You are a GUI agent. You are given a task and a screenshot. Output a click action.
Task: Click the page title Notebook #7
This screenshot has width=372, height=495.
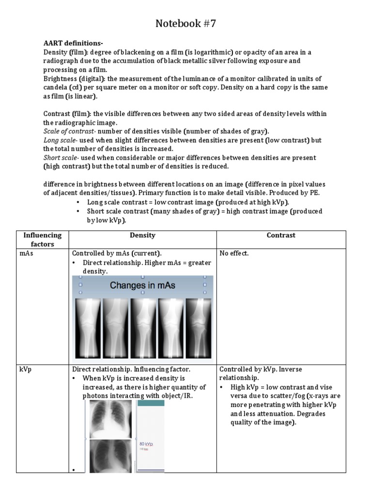coord(186,24)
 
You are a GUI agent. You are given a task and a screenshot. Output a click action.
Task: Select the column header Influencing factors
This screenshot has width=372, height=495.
coord(43,239)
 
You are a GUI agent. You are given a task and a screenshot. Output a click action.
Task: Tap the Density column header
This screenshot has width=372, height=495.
coord(142,235)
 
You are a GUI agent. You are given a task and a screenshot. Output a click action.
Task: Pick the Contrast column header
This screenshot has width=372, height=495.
coord(281,235)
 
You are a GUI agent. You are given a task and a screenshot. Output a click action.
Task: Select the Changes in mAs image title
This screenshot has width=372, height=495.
coord(142,285)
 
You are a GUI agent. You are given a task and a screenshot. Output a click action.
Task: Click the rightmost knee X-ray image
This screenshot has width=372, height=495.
coord(199,327)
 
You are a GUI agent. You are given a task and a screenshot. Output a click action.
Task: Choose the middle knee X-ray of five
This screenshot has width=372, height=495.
coord(144,327)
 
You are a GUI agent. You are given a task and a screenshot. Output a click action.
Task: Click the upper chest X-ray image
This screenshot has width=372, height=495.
coord(110,419)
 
